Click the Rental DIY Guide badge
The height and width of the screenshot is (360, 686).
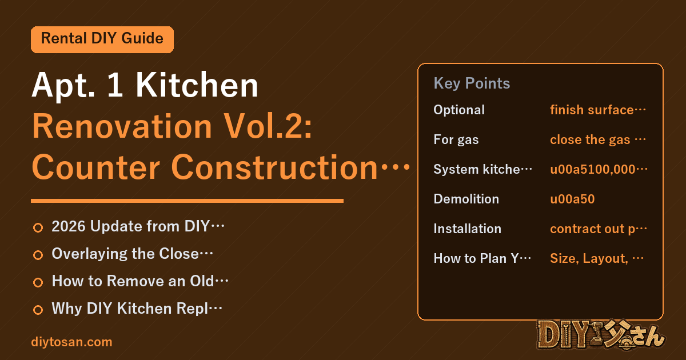(x=102, y=39)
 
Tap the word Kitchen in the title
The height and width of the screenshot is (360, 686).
(x=197, y=85)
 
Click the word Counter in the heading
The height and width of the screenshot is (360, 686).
(x=96, y=167)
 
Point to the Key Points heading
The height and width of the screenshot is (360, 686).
(x=472, y=83)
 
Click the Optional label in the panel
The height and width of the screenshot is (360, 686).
(x=459, y=110)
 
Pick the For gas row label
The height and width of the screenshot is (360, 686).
(x=456, y=139)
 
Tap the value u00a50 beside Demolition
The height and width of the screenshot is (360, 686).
(x=572, y=199)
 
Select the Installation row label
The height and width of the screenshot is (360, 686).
(x=468, y=229)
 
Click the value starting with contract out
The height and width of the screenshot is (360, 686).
(x=599, y=229)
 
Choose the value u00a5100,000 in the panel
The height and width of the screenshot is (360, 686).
(x=599, y=169)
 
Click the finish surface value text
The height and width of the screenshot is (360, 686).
(x=598, y=110)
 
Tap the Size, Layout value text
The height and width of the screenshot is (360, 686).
(x=597, y=258)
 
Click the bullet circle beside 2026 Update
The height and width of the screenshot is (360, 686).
(x=38, y=227)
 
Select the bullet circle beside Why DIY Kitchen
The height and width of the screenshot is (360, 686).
(x=38, y=310)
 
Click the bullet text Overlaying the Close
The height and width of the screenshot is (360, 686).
(x=132, y=254)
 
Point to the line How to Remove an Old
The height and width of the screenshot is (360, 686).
(x=140, y=281)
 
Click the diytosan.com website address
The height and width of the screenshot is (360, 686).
(x=71, y=342)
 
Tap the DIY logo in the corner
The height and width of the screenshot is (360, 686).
(x=601, y=335)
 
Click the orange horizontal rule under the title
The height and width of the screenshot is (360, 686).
(x=187, y=201)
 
